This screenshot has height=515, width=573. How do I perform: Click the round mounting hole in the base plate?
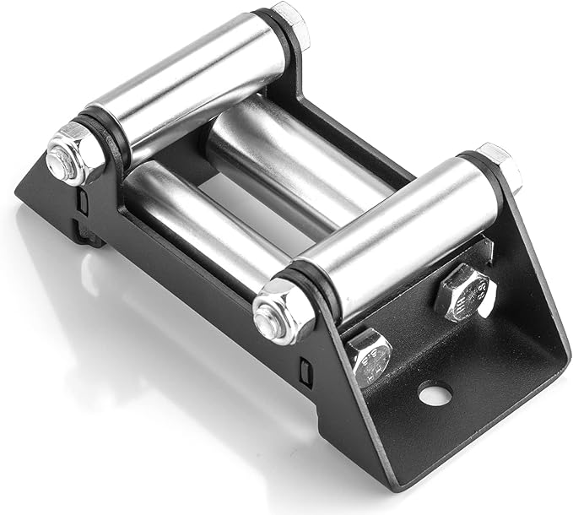click(x=433, y=393)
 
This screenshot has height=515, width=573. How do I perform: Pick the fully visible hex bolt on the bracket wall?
click(x=463, y=293)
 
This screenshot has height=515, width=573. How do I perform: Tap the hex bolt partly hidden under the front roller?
click(x=370, y=355)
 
